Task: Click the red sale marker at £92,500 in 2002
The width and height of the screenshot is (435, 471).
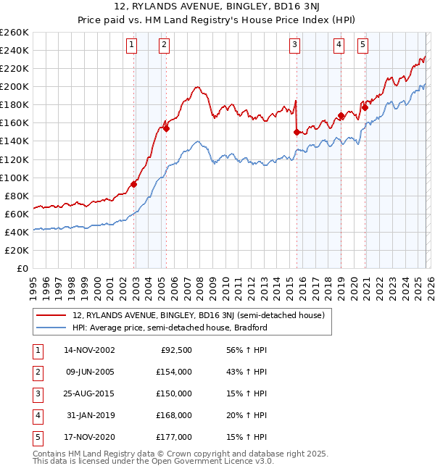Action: click(x=134, y=184)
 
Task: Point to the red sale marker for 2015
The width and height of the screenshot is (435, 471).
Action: click(x=297, y=132)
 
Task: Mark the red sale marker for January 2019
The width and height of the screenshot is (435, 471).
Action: click(x=341, y=115)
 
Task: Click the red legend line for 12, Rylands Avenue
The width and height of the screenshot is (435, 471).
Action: click(x=51, y=316)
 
